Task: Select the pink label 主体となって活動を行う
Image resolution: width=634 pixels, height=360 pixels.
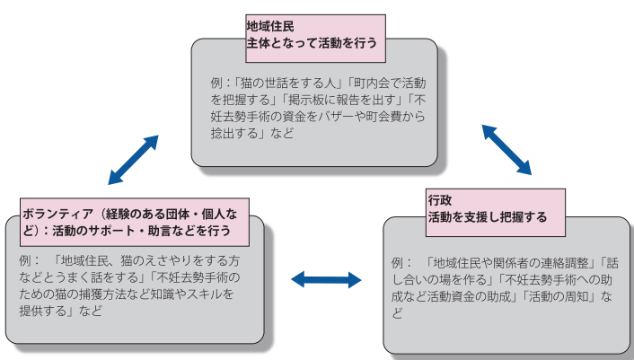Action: coord(311,42)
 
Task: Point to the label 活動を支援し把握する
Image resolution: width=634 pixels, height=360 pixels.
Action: coord(487,217)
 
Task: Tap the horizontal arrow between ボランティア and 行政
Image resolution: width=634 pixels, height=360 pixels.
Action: coord(326,280)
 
